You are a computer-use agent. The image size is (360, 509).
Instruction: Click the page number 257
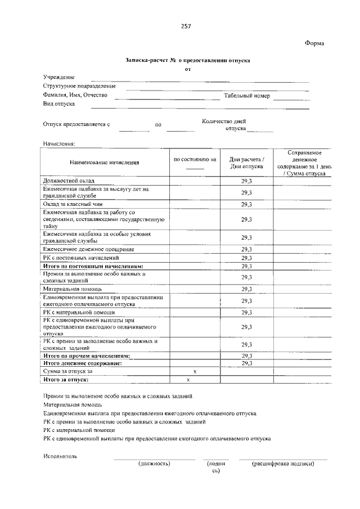pyautogui.click(x=186, y=26)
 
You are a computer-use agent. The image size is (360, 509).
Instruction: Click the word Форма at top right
pyautogui.click(x=315, y=43)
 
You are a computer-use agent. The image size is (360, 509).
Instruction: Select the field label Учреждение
pyautogui.click(x=59, y=77)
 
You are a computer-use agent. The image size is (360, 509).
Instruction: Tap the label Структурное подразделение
pyautogui.click(x=79, y=86)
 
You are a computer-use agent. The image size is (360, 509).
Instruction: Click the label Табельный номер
pyautogui.click(x=247, y=96)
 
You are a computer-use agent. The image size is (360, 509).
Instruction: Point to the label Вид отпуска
pyautogui.click(x=59, y=104)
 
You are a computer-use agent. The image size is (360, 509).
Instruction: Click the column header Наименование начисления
pyautogui.click(x=104, y=163)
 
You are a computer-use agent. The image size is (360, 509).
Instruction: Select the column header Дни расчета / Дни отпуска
pyautogui.click(x=246, y=163)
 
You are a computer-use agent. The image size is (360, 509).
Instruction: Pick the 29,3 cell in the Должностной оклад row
pyautogui.click(x=246, y=181)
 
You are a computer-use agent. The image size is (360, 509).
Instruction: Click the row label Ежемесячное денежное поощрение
pyautogui.click(x=89, y=249)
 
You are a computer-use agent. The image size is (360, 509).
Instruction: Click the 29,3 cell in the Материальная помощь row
pyautogui.click(x=246, y=289)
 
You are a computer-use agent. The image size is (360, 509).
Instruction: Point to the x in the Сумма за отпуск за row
pyautogui.click(x=195, y=372)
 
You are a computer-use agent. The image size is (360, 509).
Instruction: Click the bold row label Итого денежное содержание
pyautogui.click(x=83, y=364)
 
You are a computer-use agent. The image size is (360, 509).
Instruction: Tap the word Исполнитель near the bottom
pyautogui.click(x=60, y=456)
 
